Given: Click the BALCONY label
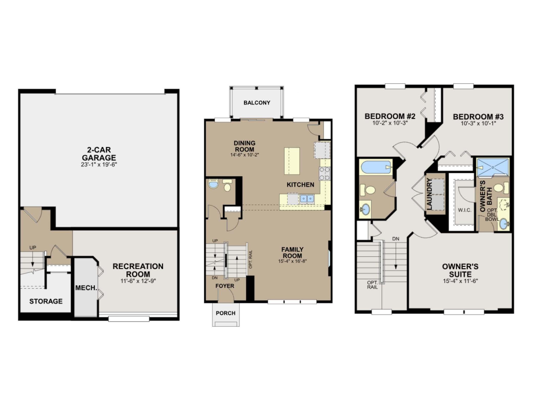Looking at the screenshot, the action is (257, 103).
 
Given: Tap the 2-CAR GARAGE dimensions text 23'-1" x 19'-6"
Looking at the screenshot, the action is (99, 165).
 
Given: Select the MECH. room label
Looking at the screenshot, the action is (86, 288).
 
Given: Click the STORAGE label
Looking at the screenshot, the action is (46, 301).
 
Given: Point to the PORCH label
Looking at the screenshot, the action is (225, 313).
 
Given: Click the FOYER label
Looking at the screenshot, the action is (225, 286).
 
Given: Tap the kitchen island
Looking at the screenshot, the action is (292, 161).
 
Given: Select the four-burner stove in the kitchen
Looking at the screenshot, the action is (324, 174).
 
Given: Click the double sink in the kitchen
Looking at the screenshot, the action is (307, 199).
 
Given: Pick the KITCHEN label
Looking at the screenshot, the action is (300, 185).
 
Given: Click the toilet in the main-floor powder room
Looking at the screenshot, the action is (227, 185).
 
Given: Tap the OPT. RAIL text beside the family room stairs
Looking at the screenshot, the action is (250, 259).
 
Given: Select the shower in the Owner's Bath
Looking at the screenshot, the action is (493, 167).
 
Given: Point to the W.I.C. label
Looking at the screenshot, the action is (465, 210).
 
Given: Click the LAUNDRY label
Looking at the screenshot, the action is (430, 194).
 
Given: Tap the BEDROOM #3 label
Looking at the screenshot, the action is (478, 117).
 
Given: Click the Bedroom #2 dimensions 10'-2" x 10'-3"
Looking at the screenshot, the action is (390, 123).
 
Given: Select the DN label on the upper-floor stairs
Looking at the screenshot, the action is (396, 239).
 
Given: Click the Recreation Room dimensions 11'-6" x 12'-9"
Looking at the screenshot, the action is (138, 281).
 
